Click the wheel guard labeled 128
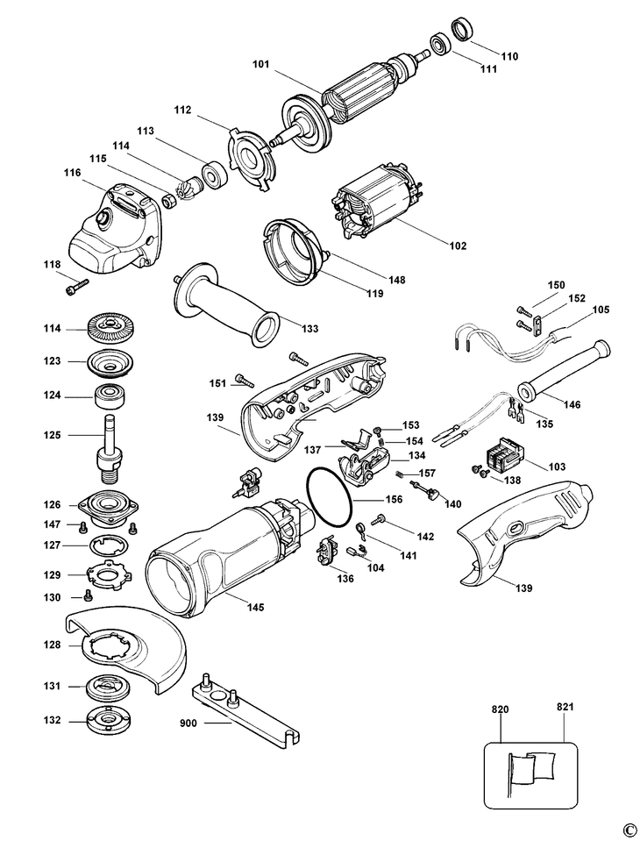click(x=132, y=650)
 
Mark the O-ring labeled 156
click(x=329, y=496)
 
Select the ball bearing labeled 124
click(x=109, y=395)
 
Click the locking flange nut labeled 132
click(x=110, y=720)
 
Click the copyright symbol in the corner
click(x=628, y=830)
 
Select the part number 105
click(x=601, y=310)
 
